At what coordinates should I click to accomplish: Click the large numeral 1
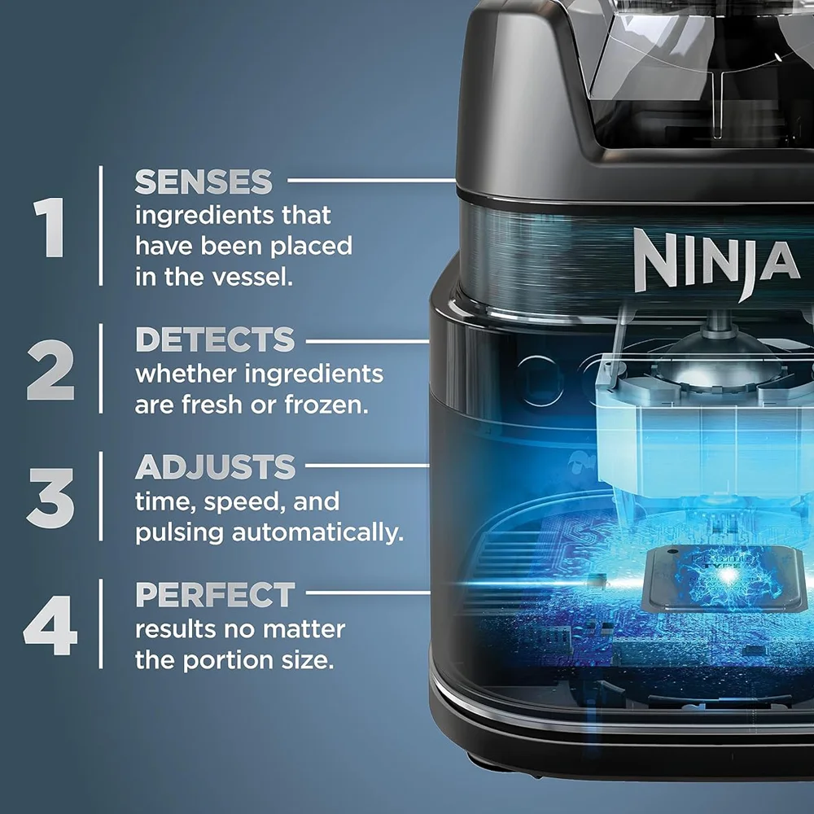(x=50, y=227)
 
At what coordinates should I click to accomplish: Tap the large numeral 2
(x=50, y=370)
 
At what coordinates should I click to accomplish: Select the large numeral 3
(x=50, y=498)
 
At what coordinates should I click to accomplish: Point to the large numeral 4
(x=50, y=625)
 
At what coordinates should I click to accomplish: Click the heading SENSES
(x=203, y=182)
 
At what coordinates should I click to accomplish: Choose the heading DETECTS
(x=215, y=339)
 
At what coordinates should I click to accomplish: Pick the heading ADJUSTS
(x=215, y=466)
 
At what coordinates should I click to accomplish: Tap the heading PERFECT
(x=215, y=594)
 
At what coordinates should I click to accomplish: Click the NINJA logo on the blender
(x=716, y=263)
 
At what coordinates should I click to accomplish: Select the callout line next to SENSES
(x=372, y=180)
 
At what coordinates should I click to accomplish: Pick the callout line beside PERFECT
(x=368, y=593)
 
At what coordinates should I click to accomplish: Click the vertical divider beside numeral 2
(x=101, y=369)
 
